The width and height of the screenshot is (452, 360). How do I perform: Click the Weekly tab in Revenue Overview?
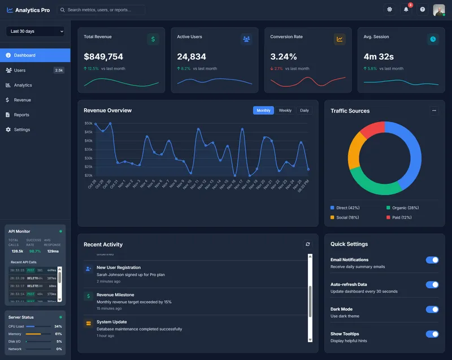(285, 110)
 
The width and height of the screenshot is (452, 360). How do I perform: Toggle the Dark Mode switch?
(432, 309)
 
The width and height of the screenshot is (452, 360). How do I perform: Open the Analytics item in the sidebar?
(23, 85)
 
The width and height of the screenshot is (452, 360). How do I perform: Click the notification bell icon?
(406, 10)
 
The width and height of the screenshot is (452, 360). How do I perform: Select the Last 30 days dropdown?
(35, 31)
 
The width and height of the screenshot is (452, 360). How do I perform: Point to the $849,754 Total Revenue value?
(103, 57)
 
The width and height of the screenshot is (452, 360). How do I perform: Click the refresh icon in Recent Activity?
(308, 244)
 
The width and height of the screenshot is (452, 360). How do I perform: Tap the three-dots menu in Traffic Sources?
(434, 111)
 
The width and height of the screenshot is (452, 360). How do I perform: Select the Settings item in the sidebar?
(22, 129)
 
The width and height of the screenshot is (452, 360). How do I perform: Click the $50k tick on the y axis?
(88, 123)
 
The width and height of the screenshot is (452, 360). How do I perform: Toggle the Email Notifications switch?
(432, 260)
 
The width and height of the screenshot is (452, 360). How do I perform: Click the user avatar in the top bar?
(438, 10)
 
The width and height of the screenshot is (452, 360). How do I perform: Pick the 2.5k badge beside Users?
(59, 70)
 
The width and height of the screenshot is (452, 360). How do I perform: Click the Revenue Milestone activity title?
(115, 294)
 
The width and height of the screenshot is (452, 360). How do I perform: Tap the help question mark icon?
(422, 10)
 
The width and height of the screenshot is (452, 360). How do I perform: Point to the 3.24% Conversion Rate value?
(284, 57)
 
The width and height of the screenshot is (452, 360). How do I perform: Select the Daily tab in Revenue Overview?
(305, 110)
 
